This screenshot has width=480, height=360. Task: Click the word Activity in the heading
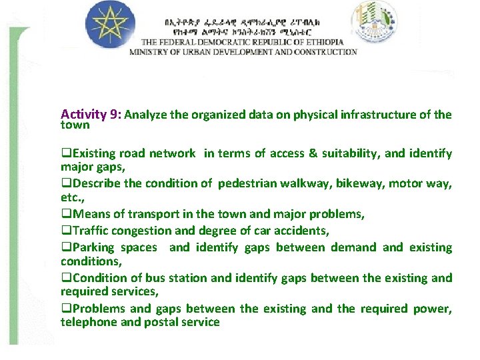point(83,114)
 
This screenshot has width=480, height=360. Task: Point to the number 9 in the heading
point(114,114)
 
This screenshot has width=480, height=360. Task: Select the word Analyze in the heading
point(146,115)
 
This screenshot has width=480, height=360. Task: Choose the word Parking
point(93,247)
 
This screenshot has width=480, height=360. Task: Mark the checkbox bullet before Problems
point(65,309)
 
